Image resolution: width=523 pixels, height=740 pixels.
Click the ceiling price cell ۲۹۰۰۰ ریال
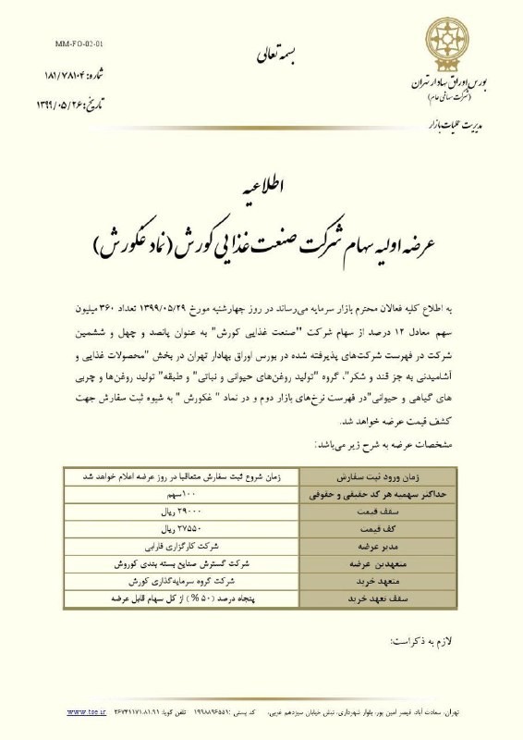pyautogui.click(x=181, y=512)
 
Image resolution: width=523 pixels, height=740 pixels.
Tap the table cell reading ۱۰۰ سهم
pyautogui.click(x=181, y=496)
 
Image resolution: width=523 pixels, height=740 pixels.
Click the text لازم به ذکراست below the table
pyautogui.click(x=420, y=637)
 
